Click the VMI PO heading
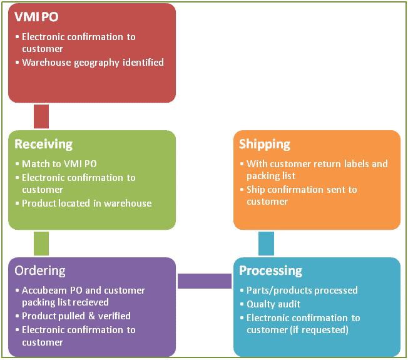[x=36, y=17]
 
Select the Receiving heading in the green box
[x=43, y=144]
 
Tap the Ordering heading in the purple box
[x=40, y=271]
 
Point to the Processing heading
[x=270, y=270]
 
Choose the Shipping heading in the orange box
[x=265, y=144]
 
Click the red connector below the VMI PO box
[x=41, y=116]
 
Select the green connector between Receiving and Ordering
[x=41, y=244]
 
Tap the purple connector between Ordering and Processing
[x=205, y=281]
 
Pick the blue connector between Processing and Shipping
[x=266, y=244]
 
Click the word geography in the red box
[x=97, y=63]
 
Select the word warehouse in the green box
[x=128, y=203]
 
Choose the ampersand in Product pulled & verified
[x=91, y=316]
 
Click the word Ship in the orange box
[x=255, y=190]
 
